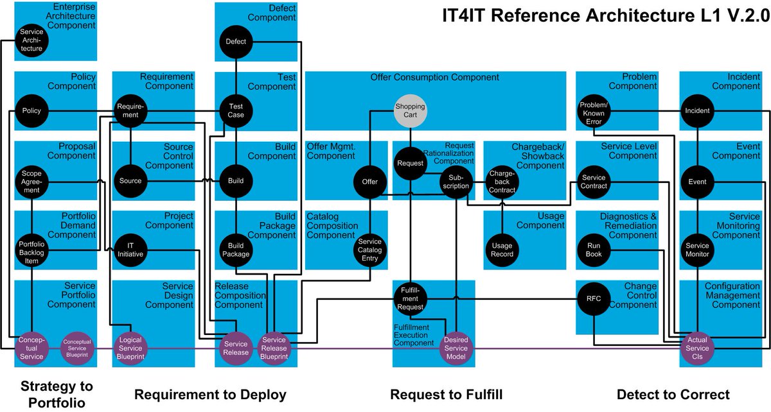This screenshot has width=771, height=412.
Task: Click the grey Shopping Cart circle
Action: click(411, 110)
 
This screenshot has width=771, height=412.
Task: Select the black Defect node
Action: click(236, 42)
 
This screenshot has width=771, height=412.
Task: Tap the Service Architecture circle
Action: click(31, 40)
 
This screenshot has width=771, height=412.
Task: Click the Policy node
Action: click(31, 111)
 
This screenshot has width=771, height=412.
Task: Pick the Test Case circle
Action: click(236, 110)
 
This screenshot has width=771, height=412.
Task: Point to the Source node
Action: click(130, 180)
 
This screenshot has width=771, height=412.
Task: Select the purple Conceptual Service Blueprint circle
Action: click(78, 347)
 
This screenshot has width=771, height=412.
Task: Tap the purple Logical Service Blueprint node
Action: click(130, 347)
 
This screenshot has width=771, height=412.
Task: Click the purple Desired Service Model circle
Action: click(456, 347)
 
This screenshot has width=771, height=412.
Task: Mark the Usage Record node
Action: click(502, 250)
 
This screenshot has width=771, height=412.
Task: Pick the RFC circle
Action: click(593, 298)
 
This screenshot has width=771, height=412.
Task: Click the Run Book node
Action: click(593, 250)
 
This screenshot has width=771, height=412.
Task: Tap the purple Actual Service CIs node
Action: click(697, 347)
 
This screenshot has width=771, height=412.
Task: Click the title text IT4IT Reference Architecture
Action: click(596, 15)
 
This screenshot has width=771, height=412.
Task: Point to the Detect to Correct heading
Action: click(673, 394)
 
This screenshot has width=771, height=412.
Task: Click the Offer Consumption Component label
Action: click(434, 78)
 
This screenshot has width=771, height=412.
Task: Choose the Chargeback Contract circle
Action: click(502, 182)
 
